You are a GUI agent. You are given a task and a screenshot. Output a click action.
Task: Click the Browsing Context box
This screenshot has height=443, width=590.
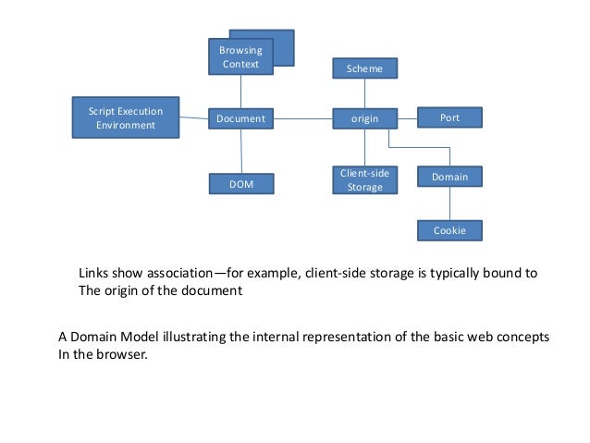(240, 56)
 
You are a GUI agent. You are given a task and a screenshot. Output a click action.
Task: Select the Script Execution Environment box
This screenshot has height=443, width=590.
(126, 117)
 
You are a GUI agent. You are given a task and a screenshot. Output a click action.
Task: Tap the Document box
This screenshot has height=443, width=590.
(240, 118)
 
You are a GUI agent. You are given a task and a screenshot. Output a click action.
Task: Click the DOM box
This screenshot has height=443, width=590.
(240, 184)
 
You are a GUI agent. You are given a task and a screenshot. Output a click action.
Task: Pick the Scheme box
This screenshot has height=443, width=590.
(364, 68)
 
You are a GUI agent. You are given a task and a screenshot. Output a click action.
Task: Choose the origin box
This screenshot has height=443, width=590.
(364, 118)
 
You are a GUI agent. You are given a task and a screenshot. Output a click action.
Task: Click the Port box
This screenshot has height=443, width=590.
(449, 117)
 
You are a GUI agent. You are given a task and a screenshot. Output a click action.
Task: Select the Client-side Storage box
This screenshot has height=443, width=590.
(364, 179)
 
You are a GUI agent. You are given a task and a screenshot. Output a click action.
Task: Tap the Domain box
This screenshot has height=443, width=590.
(449, 176)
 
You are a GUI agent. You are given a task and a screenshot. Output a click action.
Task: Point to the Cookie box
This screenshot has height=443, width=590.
(449, 230)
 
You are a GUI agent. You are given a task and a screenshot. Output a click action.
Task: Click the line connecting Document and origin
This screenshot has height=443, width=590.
(303, 118)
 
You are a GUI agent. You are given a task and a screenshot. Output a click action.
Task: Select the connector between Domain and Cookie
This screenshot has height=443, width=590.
(449, 203)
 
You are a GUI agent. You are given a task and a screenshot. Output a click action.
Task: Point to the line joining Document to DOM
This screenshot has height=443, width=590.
(241, 151)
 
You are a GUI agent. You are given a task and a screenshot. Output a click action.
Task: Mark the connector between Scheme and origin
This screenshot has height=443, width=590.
(364, 93)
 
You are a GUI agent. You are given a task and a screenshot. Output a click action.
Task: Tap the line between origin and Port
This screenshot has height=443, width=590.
(407, 117)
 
